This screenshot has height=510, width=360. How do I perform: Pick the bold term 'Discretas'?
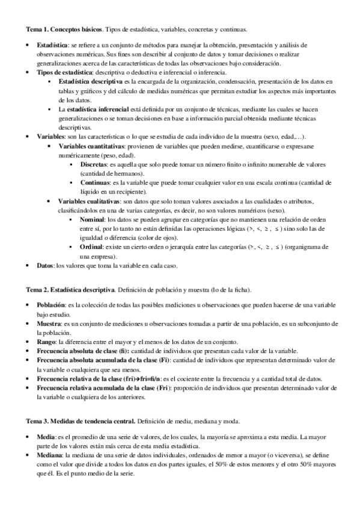point(96,164)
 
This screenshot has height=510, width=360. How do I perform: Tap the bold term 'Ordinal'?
point(94,247)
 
